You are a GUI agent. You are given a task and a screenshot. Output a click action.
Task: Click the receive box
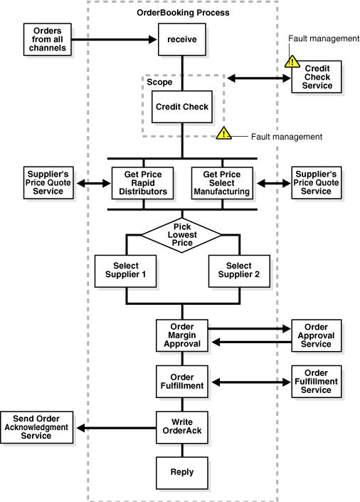pyautogui.click(x=182, y=39)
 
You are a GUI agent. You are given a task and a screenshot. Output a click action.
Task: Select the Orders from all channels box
pyautogui.click(x=48, y=39)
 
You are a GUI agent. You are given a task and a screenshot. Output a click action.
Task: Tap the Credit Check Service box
pyautogui.click(x=317, y=77)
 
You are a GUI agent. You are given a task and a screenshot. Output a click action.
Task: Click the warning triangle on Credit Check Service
pyautogui.click(x=292, y=61)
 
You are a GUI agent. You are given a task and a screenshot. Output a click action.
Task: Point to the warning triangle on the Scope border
pyautogui.click(x=223, y=133)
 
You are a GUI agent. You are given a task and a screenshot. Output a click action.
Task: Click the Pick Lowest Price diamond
pyautogui.click(x=181, y=235)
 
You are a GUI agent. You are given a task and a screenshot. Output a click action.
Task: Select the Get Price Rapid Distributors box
pyautogui.click(x=143, y=183)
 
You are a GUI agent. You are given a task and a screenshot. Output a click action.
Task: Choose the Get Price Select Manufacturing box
pyautogui.click(x=222, y=183)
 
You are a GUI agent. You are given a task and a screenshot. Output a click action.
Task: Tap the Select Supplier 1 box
pyautogui.click(x=125, y=271)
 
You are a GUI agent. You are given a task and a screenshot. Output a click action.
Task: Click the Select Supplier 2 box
pyautogui.click(x=239, y=271)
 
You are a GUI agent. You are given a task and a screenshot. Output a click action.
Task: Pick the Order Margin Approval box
pyautogui.click(x=182, y=335)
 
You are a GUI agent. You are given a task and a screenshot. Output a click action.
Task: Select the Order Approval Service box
pyautogui.click(x=317, y=335)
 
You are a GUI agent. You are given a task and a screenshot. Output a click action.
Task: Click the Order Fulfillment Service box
pyautogui.click(x=317, y=381)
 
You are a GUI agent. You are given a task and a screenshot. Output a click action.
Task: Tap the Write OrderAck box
pyautogui.click(x=182, y=427)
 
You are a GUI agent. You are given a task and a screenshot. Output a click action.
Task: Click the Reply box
pyautogui.click(x=182, y=473)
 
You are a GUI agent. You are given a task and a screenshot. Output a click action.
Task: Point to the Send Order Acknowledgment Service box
pyautogui.click(x=37, y=427)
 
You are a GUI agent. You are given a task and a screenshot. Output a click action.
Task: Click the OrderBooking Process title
pyautogui.click(x=183, y=13)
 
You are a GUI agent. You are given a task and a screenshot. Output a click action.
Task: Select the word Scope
pyautogui.click(x=159, y=83)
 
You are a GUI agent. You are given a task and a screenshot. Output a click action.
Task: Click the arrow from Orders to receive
pyautogui.click(x=114, y=39)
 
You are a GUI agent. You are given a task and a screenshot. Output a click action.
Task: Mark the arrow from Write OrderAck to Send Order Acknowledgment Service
pyautogui.click(x=117, y=428)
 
